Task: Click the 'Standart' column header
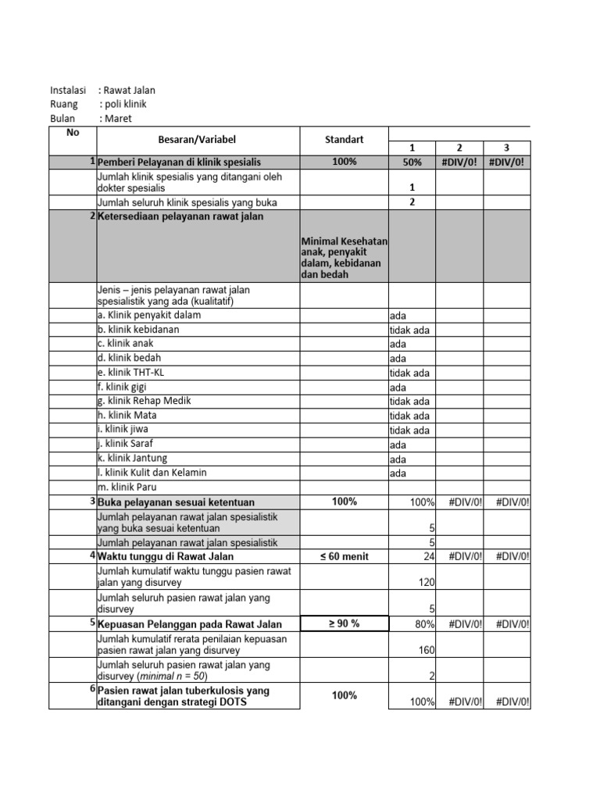tap(344, 140)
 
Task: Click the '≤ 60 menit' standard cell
tap(344, 556)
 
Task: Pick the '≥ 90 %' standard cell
tap(344, 623)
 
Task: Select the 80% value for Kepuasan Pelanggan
tap(423, 623)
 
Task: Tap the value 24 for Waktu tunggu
tap(428, 556)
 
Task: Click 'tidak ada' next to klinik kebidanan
tap(409, 330)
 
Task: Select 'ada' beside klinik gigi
tap(398, 387)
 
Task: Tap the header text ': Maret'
tap(116, 119)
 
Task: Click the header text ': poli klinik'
tap(123, 104)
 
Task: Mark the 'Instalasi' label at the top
tap(69, 90)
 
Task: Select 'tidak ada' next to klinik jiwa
tap(409, 430)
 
